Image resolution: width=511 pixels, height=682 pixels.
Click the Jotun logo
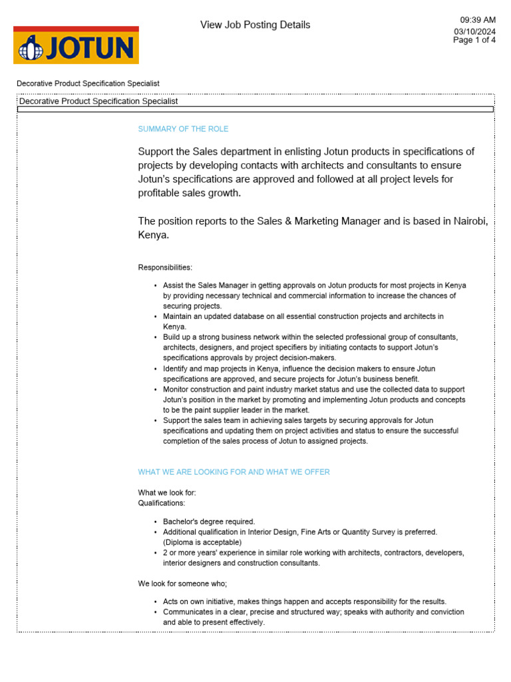click(x=76, y=45)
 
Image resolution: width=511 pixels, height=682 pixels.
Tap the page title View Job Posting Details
click(x=255, y=25)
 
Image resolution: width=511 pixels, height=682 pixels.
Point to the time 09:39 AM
click(x=478, y=20)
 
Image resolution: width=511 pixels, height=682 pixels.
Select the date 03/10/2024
click(x=474, y=31)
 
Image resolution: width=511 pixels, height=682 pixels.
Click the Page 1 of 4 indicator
click(x=474, y=40)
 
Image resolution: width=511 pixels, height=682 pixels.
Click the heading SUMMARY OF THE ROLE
click(x=183, y=129)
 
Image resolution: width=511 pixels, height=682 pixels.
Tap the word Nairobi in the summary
click(x=469, y=221)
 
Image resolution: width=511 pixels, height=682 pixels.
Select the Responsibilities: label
click(x=165, y=268)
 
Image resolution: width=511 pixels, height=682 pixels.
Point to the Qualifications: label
click(x=161, y=504)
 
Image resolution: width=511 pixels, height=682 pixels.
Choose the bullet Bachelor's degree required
click(x=209, y=521)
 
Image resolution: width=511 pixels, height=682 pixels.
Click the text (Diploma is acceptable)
click(x=202, y=542)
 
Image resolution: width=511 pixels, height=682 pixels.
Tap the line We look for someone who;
click(x=182, y=583)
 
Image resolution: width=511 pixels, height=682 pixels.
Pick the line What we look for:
click(x=167, y=493)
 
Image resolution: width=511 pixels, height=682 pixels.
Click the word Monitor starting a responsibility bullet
click(x=178, y=390)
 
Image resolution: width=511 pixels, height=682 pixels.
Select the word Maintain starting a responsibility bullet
click(x=179, y=316)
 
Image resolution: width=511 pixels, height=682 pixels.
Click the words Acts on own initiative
click(x=199, y=601)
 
